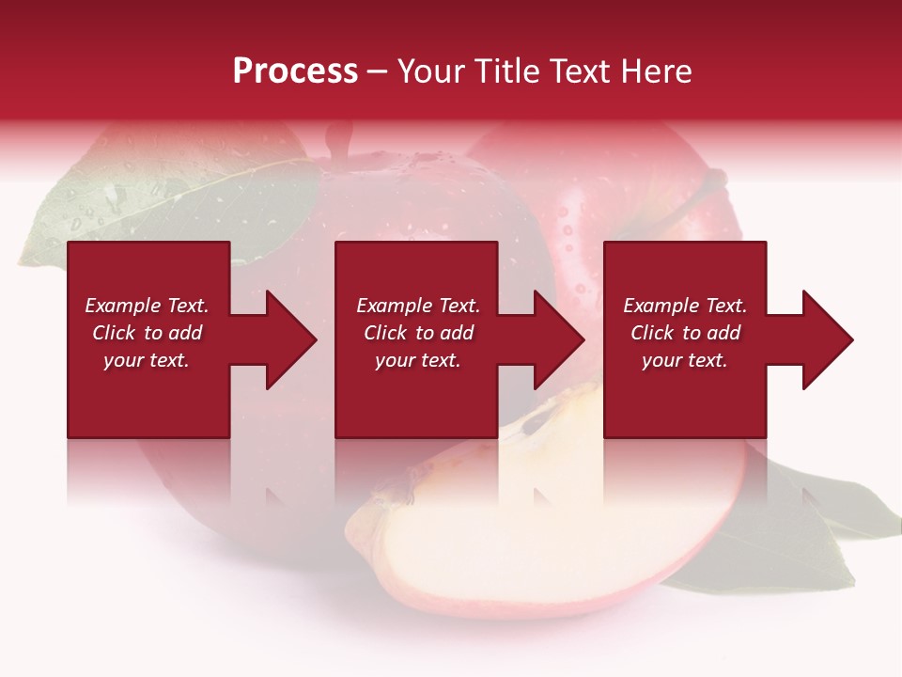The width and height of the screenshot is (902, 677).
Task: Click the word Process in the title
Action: pos(295,71)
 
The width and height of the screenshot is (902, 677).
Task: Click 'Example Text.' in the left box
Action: pos(147,306)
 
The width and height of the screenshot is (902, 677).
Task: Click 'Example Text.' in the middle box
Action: pos(418,306)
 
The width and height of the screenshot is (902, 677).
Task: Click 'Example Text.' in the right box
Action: pos(685,306)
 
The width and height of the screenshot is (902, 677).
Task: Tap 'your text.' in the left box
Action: pos(147,360)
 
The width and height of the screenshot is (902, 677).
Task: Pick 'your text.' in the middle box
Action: pos(418,360)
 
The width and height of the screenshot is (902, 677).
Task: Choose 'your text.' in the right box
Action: pos(685,360)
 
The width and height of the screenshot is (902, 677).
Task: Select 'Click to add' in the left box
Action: pos(147,333)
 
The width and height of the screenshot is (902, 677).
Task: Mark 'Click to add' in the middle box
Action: pos(418,333)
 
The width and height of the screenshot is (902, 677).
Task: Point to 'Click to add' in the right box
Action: pos(685,333)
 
